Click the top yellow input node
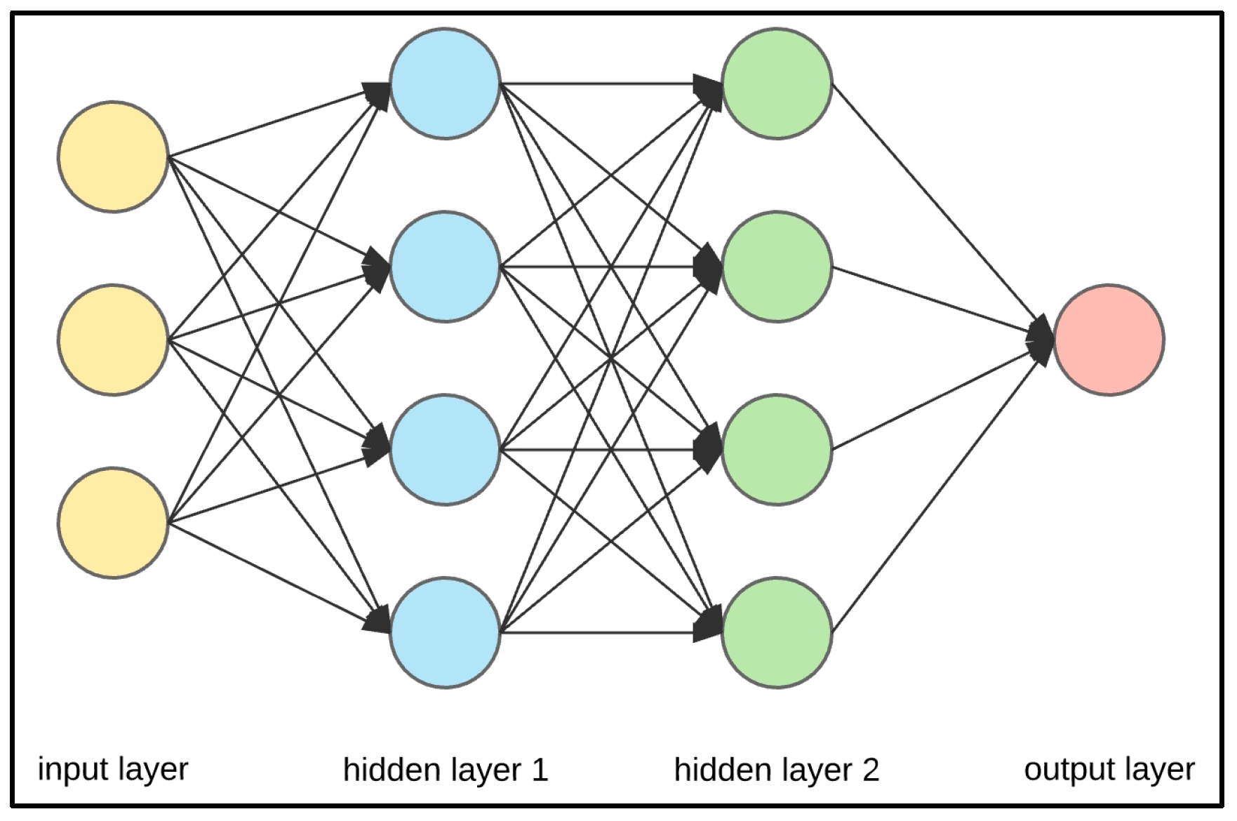coord(113,156)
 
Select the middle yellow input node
coord(113,340)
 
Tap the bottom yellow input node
coord(113,523)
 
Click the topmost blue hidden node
coord(445,84)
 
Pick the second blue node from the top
coord(445,267)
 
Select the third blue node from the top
coord(445,450)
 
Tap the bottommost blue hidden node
coord(445,632)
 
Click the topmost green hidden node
coord(777,84)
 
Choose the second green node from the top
coord(777,267)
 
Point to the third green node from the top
coord(777,450)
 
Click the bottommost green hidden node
coord(777,632)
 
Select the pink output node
coord(1109,340)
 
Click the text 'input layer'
coord(113,769)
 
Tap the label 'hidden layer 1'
coord(445,770)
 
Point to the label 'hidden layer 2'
coord(776,770)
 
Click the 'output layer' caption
coord(1109,769)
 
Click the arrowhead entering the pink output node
coord(1041,340)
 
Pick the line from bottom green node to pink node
coord(933,491)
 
